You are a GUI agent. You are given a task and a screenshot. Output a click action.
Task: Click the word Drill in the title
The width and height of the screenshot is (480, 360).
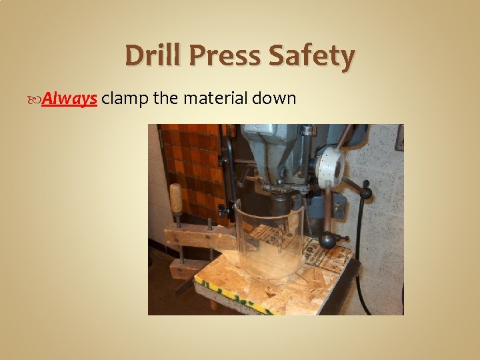(153, 56)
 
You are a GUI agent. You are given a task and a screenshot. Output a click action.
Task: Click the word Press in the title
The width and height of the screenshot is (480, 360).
(225, 56)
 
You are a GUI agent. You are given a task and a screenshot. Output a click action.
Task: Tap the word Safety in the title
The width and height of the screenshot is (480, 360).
(312, 56)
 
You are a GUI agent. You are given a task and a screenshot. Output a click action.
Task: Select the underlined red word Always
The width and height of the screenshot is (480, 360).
(75, 99)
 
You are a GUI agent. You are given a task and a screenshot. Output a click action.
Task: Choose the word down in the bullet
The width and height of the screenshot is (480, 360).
(277, 99)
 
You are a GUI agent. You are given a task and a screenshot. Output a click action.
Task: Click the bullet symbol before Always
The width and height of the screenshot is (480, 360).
(45, 99)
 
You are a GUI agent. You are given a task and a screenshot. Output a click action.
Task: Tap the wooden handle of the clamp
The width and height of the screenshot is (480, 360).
(176, 199)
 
